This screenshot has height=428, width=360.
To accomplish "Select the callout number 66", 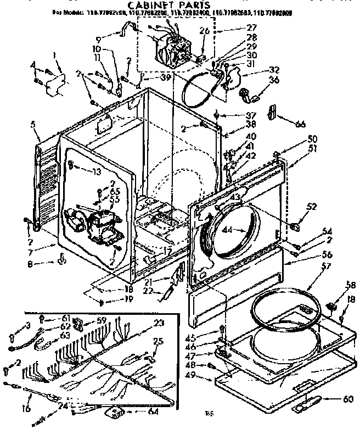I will pyautogui.click(x=300, y=124).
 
